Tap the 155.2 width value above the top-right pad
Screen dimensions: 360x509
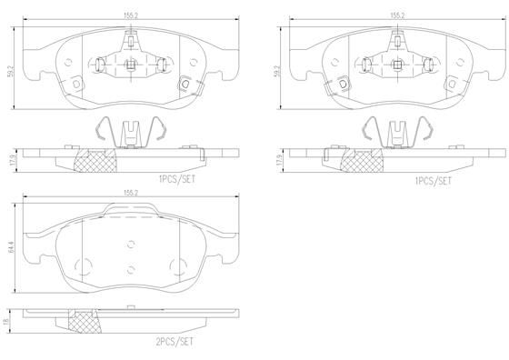point(396,15)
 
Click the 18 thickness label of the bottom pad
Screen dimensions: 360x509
point(8,322)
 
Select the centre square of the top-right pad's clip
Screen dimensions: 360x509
point(397,64)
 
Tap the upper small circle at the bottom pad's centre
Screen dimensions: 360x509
point(132,243)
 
